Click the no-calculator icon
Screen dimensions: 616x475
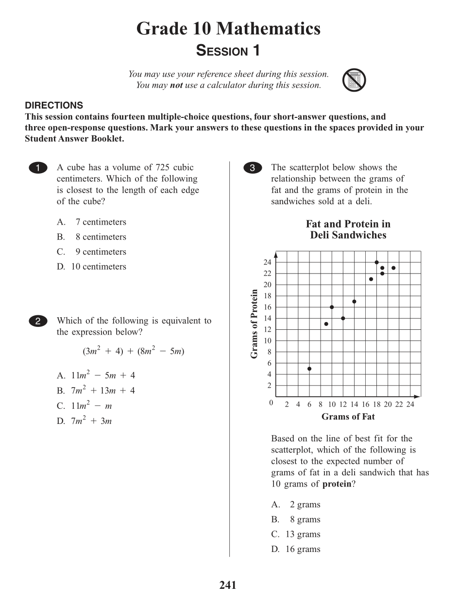tap(354, 81)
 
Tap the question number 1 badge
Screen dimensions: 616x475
tap(38, 168)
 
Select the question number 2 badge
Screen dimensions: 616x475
tap(38, 321)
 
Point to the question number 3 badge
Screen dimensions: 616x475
tap(252, 168)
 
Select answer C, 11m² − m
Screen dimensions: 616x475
tap(85, 405)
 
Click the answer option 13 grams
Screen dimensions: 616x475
tap(296, 534)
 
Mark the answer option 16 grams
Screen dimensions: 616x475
tap(296, 549)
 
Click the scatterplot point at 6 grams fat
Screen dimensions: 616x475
tap(309, 369)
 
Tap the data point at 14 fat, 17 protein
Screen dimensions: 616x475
tap(354, 302)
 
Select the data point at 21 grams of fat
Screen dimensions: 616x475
tap(393, 268)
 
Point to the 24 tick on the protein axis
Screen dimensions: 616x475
tap(268, 262)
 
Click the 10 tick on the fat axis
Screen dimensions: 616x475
tap(332, 405)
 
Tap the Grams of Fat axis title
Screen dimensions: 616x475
tap(348, 417)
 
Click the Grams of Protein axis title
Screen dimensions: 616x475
tap(254, 324)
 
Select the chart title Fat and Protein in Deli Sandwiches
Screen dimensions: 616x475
tap(348, 229)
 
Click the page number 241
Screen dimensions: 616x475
tap(228, 585)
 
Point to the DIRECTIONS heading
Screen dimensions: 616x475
tap(54, 105)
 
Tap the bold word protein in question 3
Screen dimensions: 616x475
tap(337, 484)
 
